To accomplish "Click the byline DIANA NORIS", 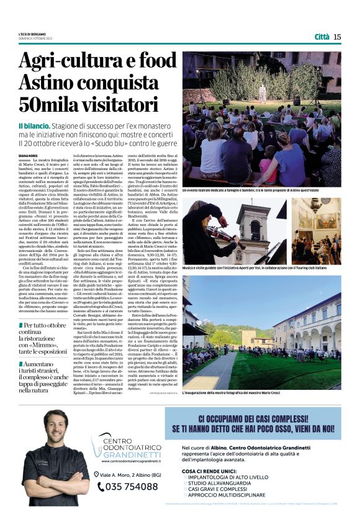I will [x=29, y=156].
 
